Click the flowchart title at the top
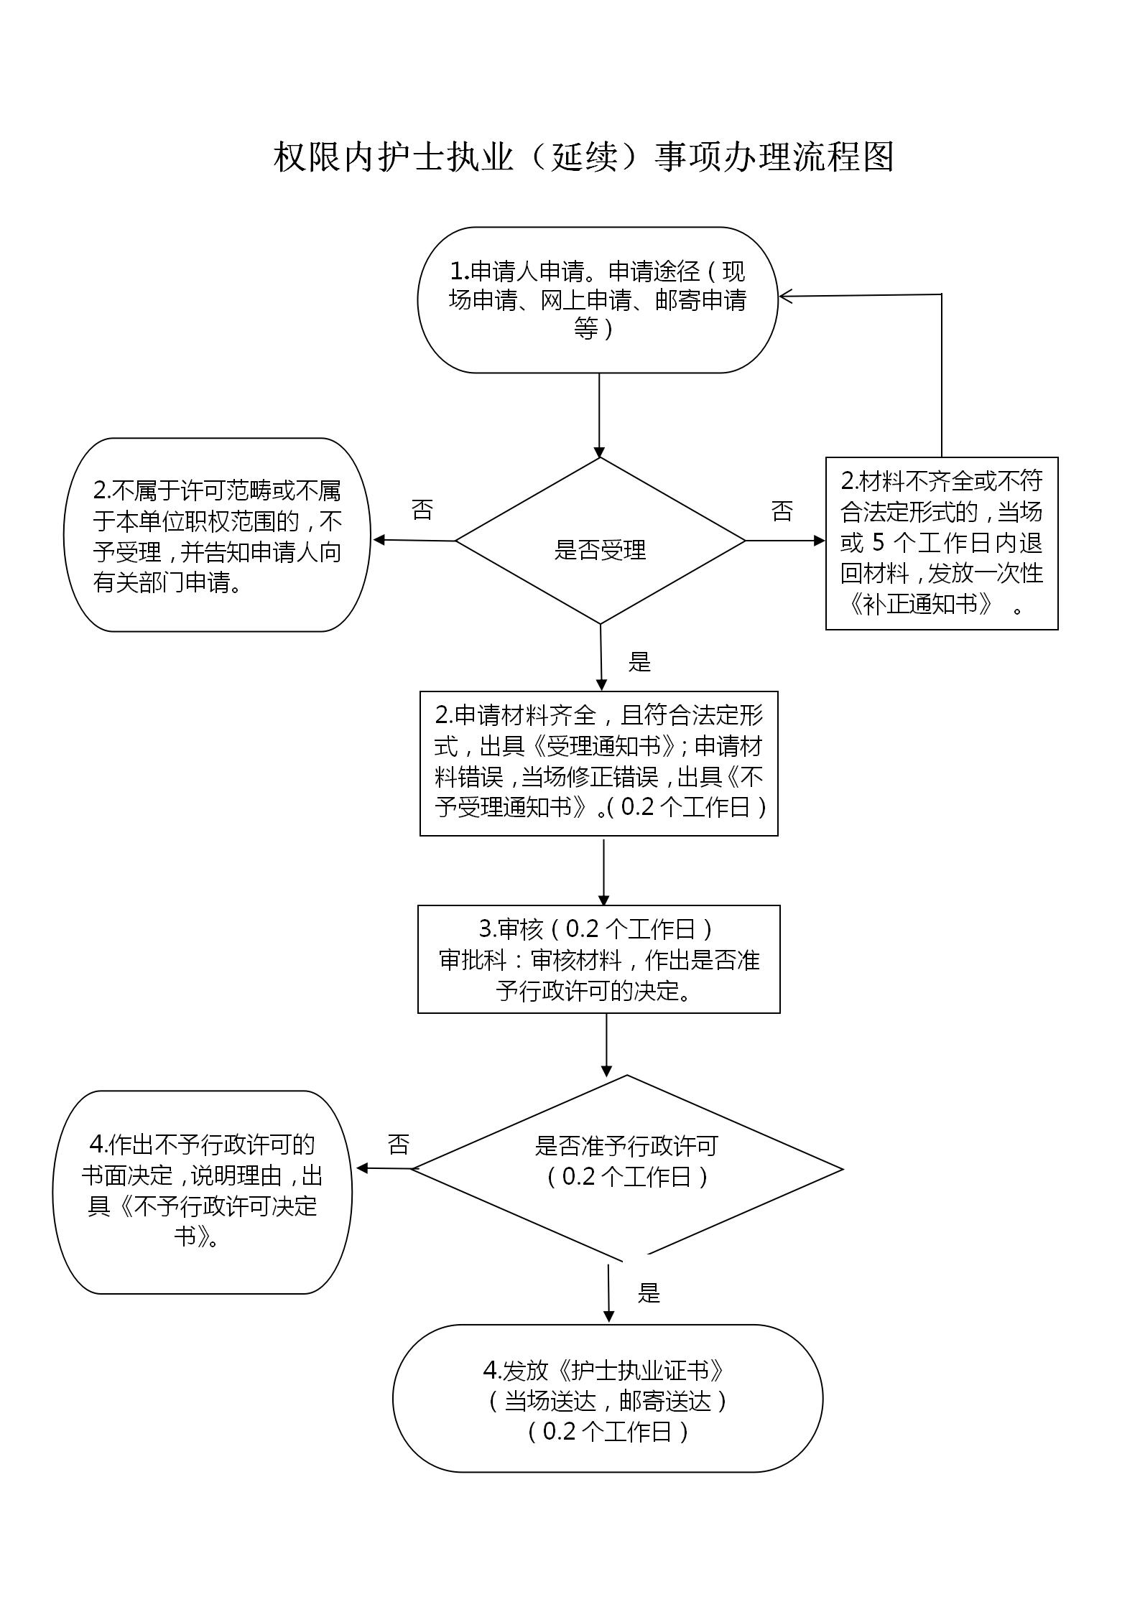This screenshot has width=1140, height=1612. pos(583,157)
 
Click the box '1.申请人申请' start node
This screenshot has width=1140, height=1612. pos(598,300)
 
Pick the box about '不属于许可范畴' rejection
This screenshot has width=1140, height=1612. pos(217,535)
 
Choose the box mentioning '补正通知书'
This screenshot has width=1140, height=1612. pos(941,544)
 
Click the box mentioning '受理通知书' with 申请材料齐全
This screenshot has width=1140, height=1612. pos(599,763)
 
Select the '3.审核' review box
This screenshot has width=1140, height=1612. pos(599,959)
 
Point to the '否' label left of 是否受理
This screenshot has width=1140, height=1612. pos(422,510)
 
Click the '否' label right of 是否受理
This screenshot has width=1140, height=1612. pos(782,511)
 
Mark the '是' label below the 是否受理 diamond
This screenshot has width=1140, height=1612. pos(639,661)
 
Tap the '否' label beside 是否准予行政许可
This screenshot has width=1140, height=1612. pos(399,1144)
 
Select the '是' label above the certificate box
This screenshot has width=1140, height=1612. pos(649,1293)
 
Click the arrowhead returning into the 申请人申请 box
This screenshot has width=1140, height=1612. pos(786,296)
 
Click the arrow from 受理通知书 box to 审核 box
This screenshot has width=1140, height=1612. pos(603,870)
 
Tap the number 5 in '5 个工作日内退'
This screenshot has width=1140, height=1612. pos(878,541)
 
